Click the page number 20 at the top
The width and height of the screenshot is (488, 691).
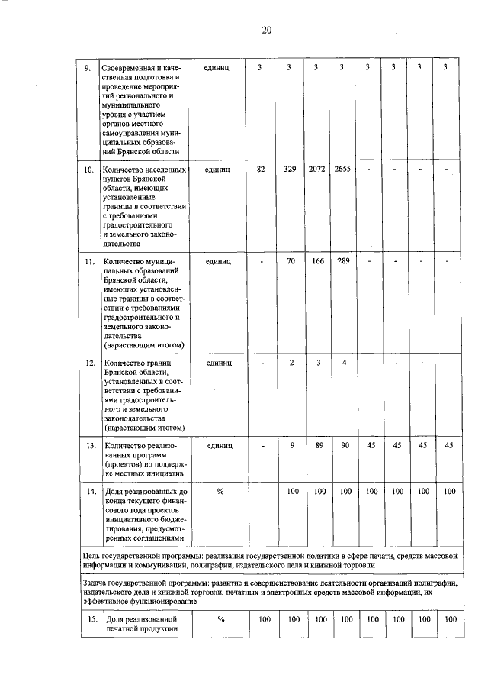266,31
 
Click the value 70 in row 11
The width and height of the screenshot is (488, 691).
291,261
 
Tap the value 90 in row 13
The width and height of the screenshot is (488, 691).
344,444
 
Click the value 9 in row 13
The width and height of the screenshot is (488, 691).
291,444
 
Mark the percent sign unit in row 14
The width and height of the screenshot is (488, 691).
220,492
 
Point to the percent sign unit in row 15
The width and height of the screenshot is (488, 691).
220,618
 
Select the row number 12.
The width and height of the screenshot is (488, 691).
89,363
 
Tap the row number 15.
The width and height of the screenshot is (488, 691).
89,618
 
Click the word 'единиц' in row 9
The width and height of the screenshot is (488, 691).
218,68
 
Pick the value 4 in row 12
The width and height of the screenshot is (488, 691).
345,363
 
